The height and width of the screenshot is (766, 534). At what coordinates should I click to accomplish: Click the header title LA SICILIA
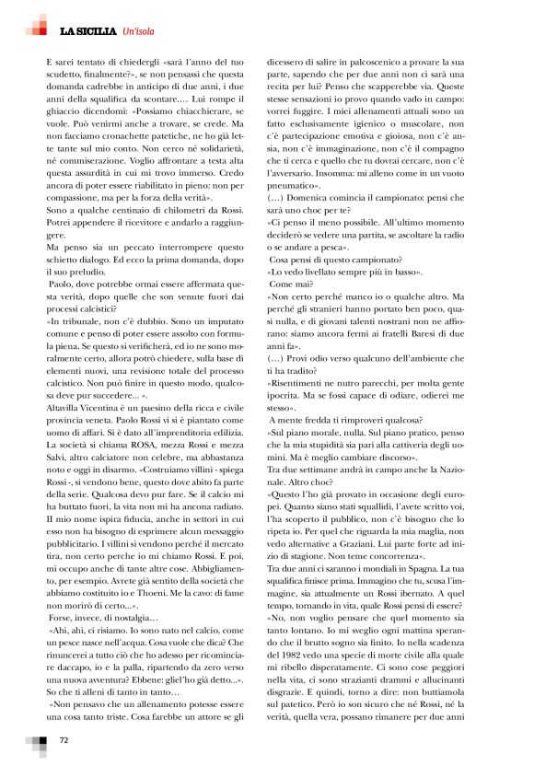[88, 32]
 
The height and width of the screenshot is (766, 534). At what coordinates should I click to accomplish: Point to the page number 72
[64, 739]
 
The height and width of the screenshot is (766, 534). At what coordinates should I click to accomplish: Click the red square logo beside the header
[38, 28]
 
